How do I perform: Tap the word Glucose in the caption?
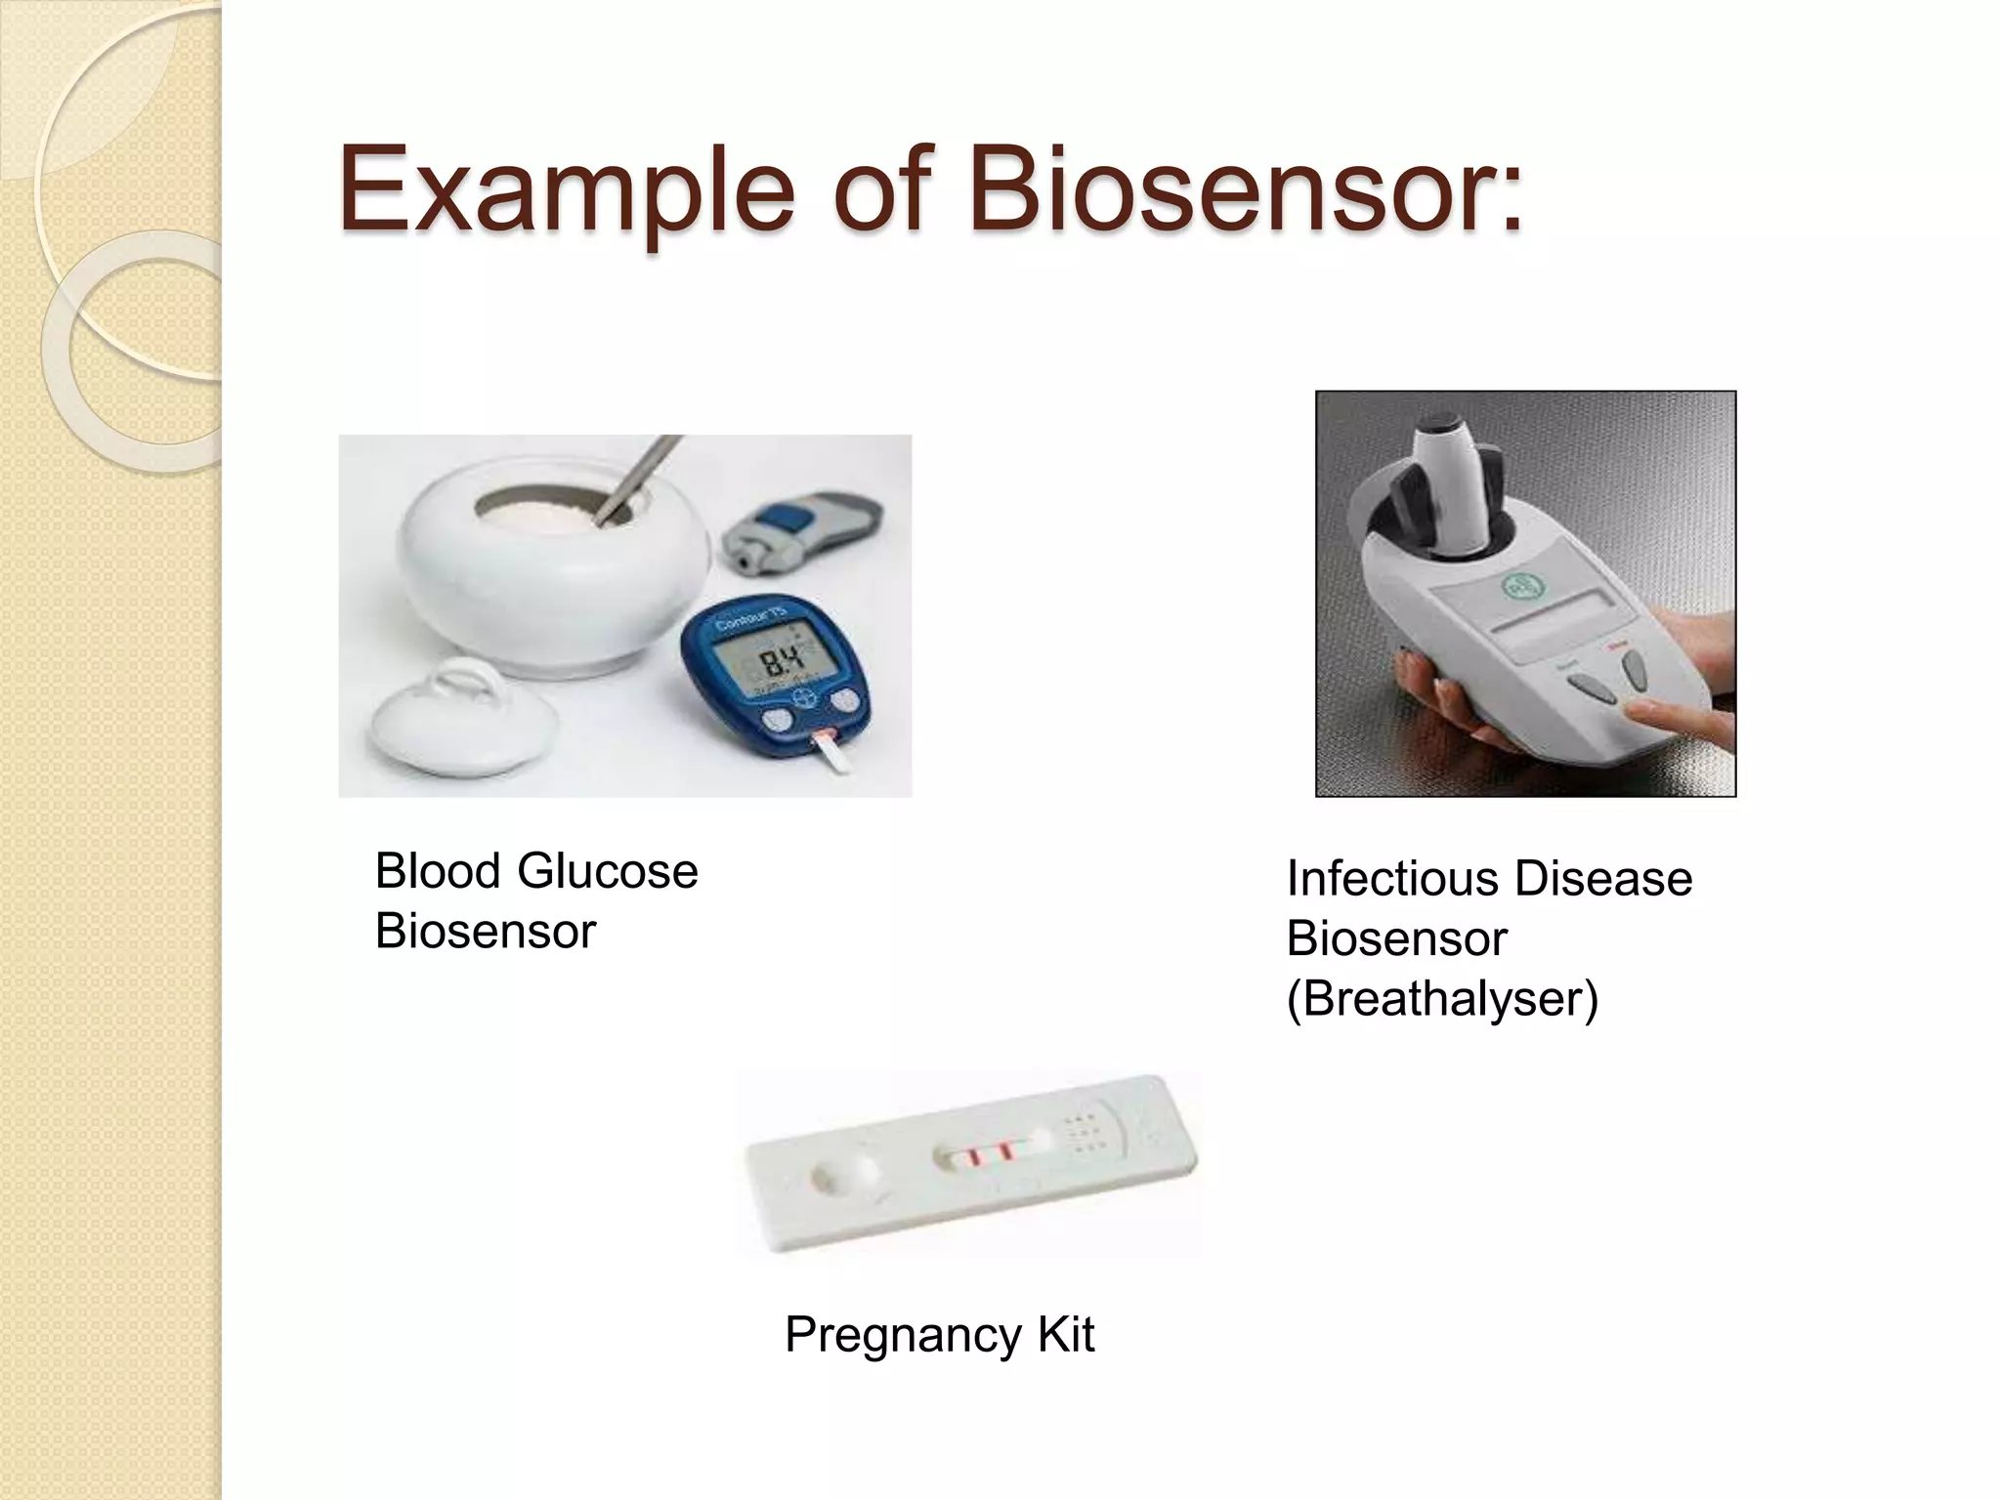coord(607,870)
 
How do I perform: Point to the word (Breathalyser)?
coord(1442,998)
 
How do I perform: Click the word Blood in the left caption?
coord(438,870)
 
